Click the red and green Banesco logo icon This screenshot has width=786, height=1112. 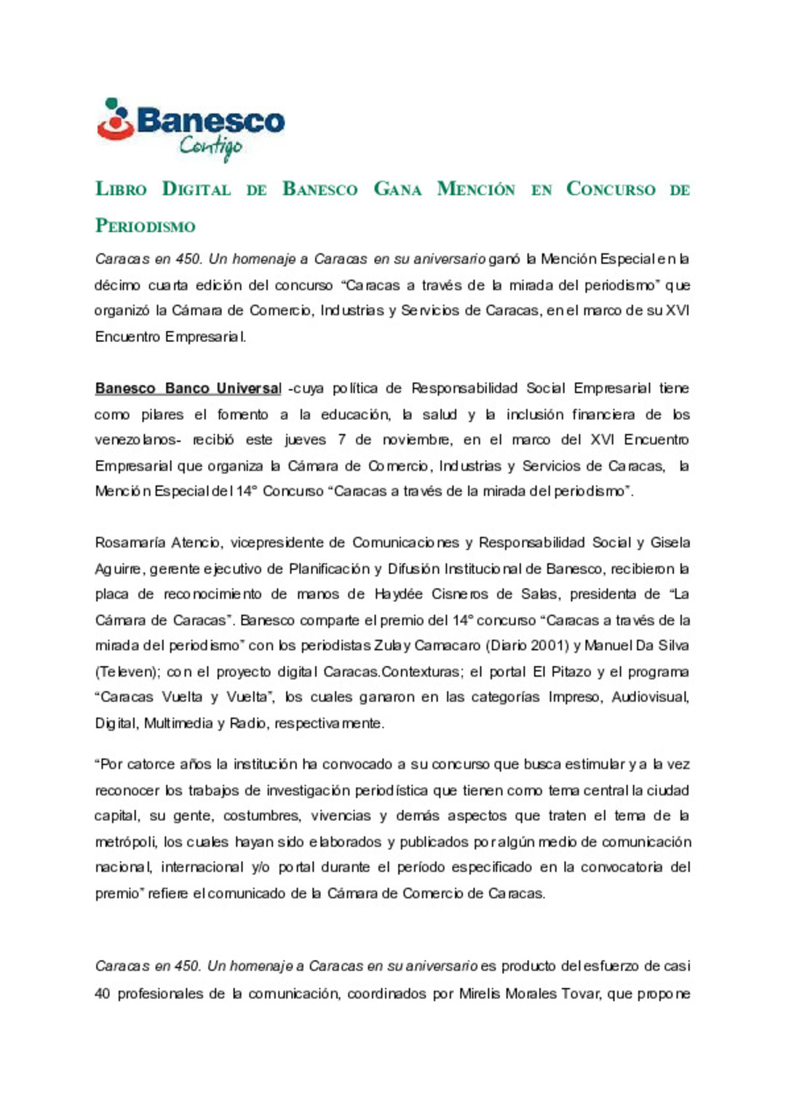pos(114,119)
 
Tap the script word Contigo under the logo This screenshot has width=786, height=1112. pos(210,148)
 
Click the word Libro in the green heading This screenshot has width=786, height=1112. pos(121,189)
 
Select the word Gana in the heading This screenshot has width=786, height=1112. pos(397,189)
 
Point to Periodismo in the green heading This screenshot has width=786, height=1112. pos(146,226)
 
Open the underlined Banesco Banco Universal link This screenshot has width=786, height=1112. pos(188,389)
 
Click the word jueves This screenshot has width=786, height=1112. pos(305,440)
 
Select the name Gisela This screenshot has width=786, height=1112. pos(670,543)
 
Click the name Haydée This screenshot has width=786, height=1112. pos(398,595)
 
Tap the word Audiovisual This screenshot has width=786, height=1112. pos(650,697)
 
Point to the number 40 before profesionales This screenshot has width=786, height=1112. pos(103,993)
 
